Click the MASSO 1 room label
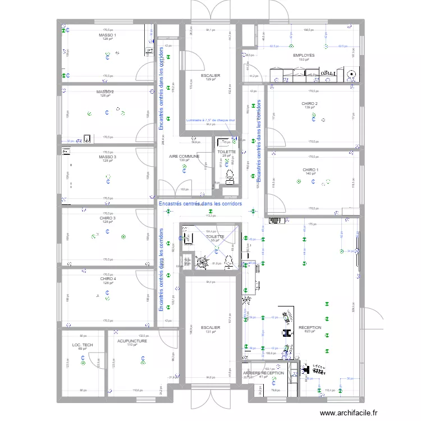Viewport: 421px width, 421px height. tap(107, 35)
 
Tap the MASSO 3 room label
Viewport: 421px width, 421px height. tap(107, 157)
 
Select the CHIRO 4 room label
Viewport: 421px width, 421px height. tap(108, 279)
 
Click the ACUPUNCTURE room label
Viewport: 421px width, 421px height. tap(132, 341)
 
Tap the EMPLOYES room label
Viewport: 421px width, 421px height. tap(304, 56)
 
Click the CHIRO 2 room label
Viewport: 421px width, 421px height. tap(310, 103)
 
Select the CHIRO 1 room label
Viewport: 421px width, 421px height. tap(310, 170)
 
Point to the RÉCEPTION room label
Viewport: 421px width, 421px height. tap(310, 327)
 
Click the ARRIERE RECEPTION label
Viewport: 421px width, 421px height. tap(263, 373)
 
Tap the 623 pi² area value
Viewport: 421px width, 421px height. tap(310, 331)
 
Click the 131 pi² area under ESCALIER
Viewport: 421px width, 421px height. tap(210, 331)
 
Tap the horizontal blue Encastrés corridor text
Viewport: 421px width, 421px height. tap(200, 204)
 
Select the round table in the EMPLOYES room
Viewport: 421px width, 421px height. tap(352, 74)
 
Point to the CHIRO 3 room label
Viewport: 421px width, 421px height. tap(108, 218)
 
